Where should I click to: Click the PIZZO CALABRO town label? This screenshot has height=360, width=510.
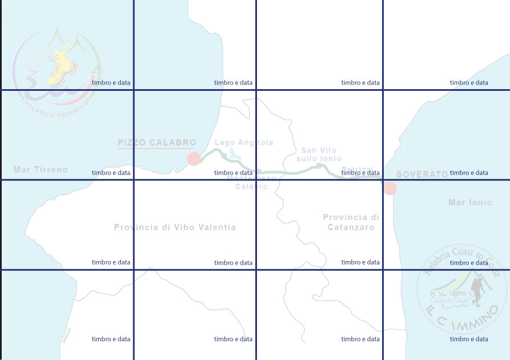coord(156,142)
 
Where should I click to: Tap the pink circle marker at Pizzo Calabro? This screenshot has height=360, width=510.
coord(194,158)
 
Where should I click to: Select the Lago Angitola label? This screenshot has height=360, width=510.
coord(244,143)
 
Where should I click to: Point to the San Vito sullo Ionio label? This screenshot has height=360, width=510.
coord(321,154)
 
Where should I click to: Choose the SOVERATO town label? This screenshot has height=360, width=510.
coord(422,174)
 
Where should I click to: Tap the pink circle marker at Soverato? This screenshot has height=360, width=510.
coord(389,188)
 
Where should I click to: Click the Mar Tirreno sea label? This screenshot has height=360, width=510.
coord(41,170)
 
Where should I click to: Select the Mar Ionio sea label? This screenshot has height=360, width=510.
coord(470,202)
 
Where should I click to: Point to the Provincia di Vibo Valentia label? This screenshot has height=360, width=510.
coord(175,227)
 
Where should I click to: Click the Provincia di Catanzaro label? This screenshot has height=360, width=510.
coord(351,222)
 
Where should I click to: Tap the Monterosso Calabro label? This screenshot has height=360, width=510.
coord(251,182)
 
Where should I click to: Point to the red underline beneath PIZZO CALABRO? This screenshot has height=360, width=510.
coord(156,149)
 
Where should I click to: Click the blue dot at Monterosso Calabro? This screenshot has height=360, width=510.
coord(259,171)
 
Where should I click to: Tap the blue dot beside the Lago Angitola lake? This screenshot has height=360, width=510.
coord(224,155)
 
